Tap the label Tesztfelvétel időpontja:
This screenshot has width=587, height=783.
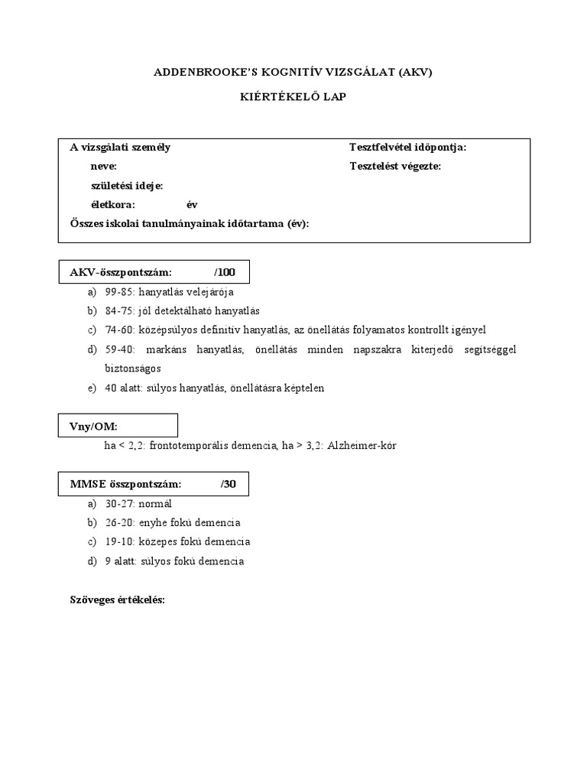coord(407,148)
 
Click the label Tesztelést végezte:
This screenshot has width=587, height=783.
coord(395,166)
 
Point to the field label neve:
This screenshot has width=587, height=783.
coord(103,166)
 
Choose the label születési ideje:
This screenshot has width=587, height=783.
coord(126,185)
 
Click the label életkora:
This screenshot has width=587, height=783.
coord(112,204)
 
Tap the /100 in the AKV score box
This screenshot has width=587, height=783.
coord(225,272)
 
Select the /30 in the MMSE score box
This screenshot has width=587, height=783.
coord(229,484)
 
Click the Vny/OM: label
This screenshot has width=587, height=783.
coord(94,426)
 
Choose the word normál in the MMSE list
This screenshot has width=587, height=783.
coord(155,504)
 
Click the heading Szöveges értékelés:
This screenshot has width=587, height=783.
coord(118,600)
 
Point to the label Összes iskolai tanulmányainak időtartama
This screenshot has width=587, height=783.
coord(189,223)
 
